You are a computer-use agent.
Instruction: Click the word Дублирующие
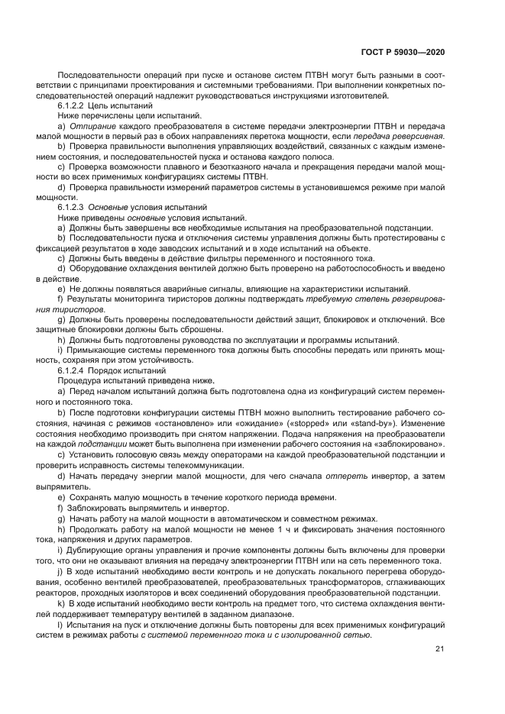[x=95, y=551]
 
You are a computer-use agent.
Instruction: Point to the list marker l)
[x=60, y=625]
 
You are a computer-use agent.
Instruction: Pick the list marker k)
[x=61, y=603]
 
